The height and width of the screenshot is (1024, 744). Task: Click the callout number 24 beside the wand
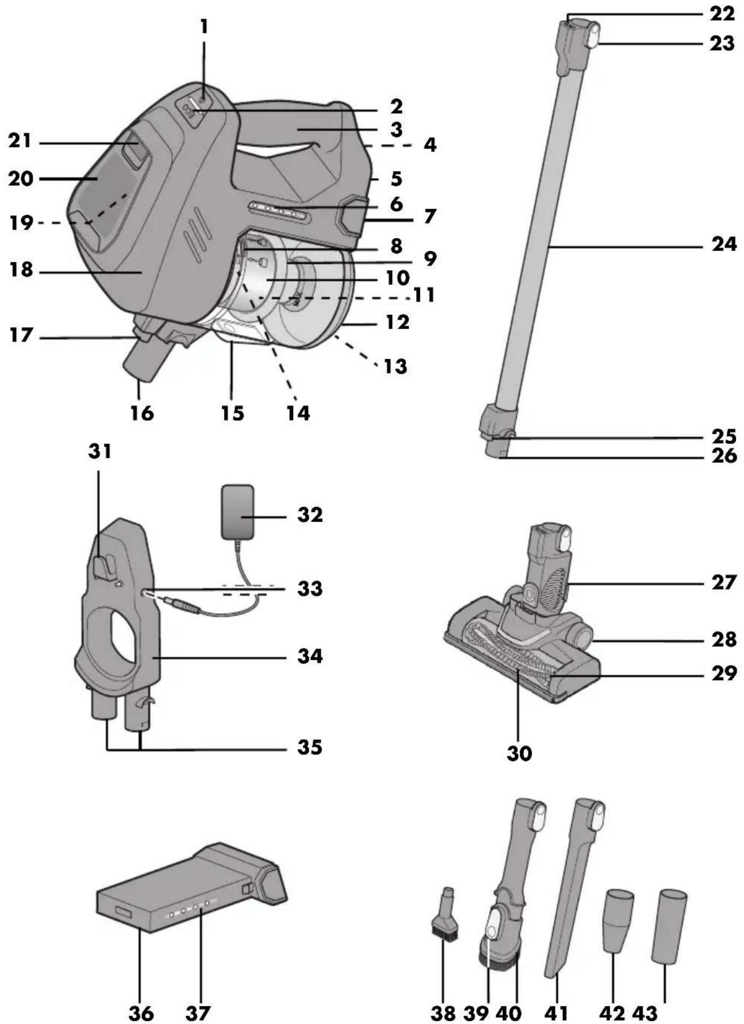tap(724, 244)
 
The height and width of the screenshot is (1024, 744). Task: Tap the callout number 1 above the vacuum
tap(204, 27)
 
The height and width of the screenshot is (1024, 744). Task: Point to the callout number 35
tap(310, 747)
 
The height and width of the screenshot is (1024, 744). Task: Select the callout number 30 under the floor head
tap(519, 753)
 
